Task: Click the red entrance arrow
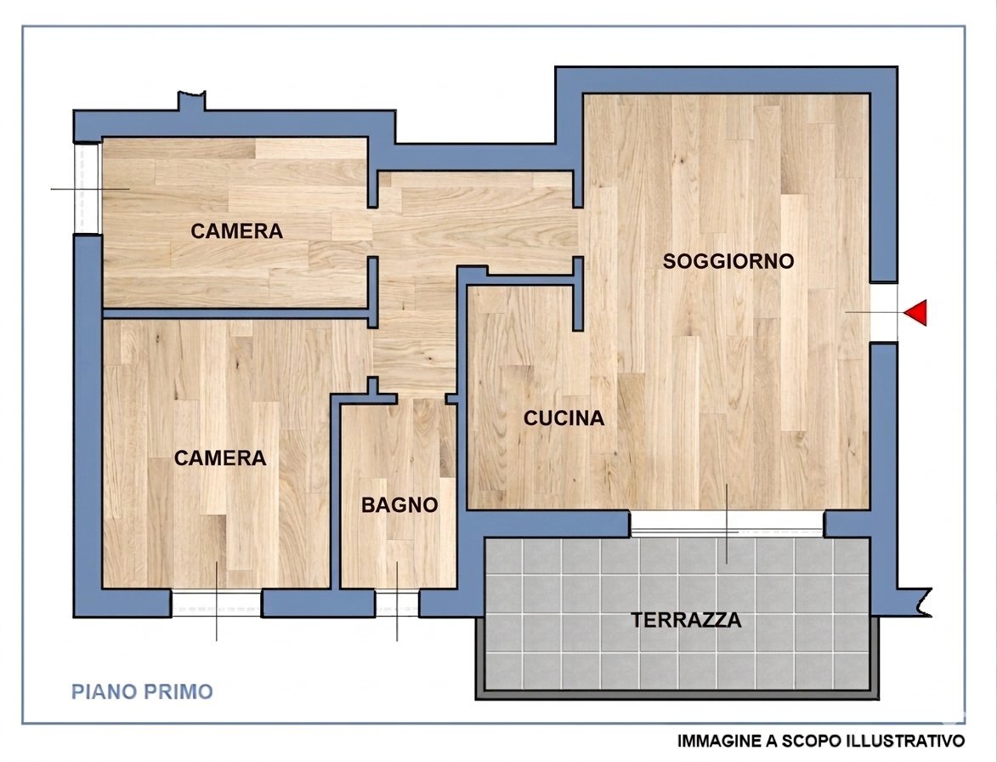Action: (x=915, y=313)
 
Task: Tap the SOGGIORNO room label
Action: (x=728, y=261)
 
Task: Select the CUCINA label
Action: (x=564, y=418)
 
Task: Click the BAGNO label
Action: (x=399, y=505)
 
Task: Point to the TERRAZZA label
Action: (x=686, y=620)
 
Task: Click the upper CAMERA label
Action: (x=236, y=231)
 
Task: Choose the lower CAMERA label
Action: (x=220, y=458)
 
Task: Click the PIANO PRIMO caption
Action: (x=142, y=691)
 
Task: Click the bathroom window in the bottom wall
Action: (x=397, y=603)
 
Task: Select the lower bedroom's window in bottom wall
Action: (x=216, y=603)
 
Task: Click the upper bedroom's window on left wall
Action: (x=87, y=188)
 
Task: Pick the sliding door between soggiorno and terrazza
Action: (x=727, y=524)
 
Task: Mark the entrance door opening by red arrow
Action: (x=884, y=312)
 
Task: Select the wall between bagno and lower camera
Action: (x=335, y=493)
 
